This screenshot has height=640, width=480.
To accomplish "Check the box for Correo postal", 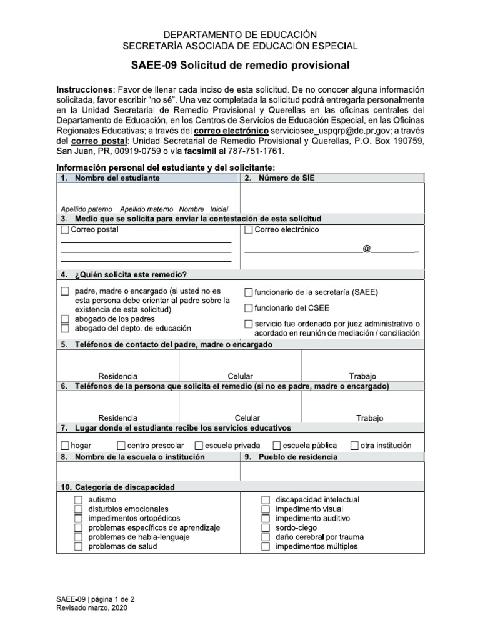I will (65, 230).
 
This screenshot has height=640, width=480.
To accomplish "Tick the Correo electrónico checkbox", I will (249, 230).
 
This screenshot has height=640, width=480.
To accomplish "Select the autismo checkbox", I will (78, 500).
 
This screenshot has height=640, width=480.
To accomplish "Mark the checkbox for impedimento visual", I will (266, 509).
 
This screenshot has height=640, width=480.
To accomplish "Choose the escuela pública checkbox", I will (277, 446).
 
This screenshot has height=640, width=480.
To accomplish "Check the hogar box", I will (65, 446).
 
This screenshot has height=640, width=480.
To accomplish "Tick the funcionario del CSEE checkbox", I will (249, 307).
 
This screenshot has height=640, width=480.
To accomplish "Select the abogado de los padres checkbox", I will (65, 319).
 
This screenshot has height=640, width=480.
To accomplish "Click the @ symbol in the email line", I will (367, 249).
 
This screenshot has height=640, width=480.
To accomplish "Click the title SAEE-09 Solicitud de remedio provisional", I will (240, 66).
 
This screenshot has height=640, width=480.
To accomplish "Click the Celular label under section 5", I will (241, 376).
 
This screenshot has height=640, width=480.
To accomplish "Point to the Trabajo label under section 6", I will (370, 418).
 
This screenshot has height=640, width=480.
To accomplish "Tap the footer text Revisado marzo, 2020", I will (91, 608).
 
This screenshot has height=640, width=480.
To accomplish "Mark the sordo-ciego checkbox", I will (266, 528).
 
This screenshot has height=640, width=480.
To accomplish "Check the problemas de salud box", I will (78, 546).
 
